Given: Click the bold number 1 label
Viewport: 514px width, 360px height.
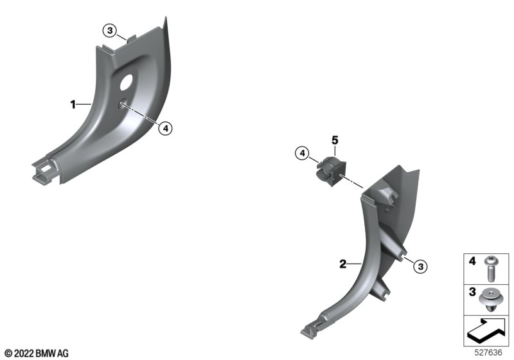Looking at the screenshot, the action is click(73, 105).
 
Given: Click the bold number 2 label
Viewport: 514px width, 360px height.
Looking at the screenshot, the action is click(343, 264).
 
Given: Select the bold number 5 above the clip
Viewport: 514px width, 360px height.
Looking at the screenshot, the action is click(335, 140).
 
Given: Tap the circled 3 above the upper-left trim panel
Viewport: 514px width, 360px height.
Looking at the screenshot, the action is click(110, 31).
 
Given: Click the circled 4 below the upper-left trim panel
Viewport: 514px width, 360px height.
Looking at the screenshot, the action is click(166, 129).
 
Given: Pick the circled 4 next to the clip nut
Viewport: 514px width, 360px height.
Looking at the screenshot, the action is click(302, 153).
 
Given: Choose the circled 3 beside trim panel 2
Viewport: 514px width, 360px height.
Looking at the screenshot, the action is click(421, 266).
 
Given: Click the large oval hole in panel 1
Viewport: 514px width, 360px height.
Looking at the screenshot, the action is click(126, 82).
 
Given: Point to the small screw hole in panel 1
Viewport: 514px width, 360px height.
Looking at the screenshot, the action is click(123, 102).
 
